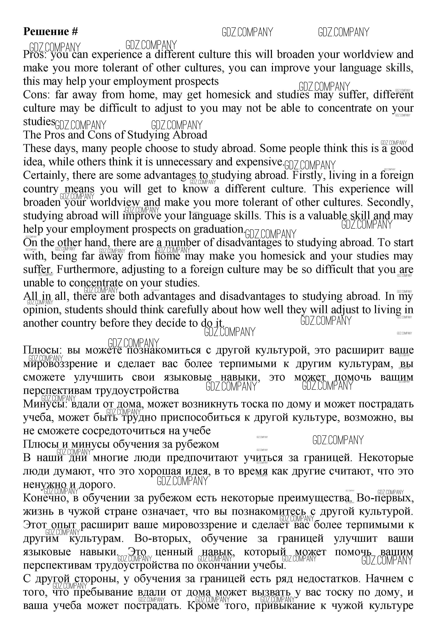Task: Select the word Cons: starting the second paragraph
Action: click(x=36, y=95)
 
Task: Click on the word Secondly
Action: click(x=390, y=202)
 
